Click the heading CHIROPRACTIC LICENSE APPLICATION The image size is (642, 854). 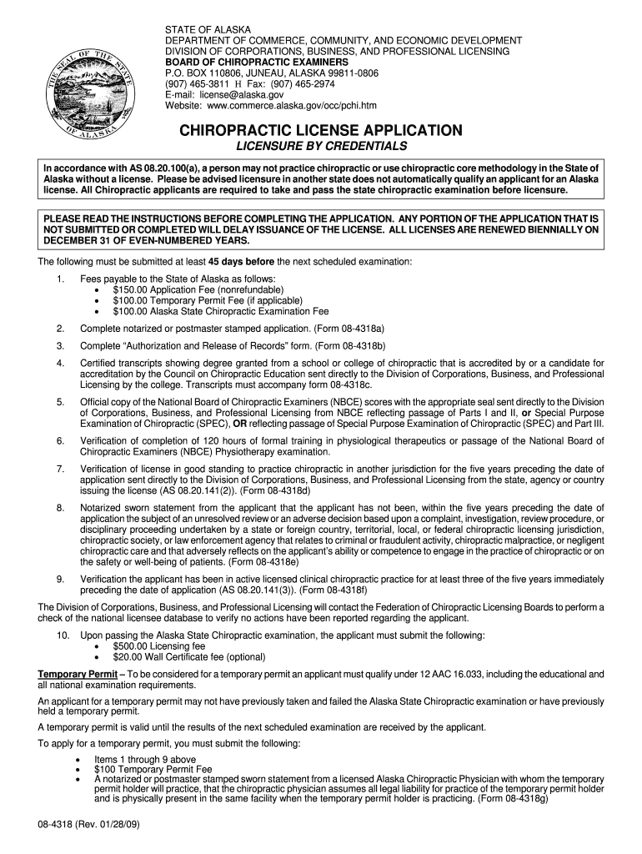pyautogui.click(x=321, y=131)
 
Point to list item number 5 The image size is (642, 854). pyautogui.click(x=60, y=402)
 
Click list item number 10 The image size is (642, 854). pyautogui.click(x=63, y=635)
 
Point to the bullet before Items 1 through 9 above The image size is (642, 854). pyautogui.click(x=78, y=760)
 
